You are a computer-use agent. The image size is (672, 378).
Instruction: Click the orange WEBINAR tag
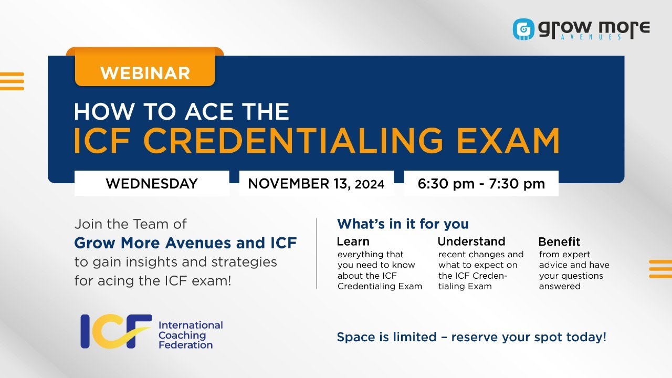(145, 72)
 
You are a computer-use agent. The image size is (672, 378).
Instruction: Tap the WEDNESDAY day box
(152, 184)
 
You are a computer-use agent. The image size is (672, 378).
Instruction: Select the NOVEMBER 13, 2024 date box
(316, 184)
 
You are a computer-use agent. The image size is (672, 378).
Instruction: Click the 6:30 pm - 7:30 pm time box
(481, 184)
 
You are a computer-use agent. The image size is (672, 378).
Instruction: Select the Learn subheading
(353, 241)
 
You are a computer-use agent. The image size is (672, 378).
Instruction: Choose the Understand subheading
(471, 241)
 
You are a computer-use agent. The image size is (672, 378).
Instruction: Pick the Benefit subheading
(559, 241)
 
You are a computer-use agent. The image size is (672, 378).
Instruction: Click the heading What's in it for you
(403, 224)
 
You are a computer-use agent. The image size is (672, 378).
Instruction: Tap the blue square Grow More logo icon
(523, 29)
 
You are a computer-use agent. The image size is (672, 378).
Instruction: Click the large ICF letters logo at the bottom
(116, 331)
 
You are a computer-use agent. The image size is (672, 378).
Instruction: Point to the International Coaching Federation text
(190, 335)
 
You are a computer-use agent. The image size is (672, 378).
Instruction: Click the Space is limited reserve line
(471, 337)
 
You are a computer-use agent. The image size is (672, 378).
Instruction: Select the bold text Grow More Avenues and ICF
(185, 243)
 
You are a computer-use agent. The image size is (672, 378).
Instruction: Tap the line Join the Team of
(130, 224)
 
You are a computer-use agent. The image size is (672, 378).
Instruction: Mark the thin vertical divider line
(317, 253)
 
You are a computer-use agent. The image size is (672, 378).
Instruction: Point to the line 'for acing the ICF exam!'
(152, 280)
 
